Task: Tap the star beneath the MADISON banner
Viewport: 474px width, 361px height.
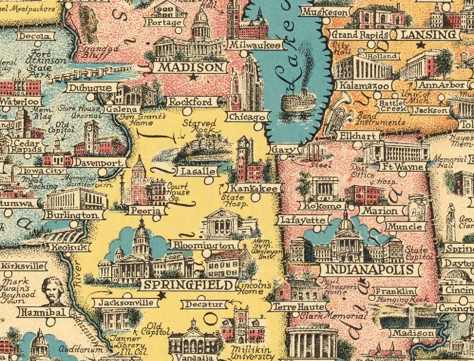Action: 192,77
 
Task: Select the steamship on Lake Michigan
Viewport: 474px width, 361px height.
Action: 298,99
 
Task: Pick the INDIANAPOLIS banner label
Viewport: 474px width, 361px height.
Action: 369,269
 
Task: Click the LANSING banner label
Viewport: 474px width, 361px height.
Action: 428,35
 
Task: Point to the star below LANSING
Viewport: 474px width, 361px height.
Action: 421,45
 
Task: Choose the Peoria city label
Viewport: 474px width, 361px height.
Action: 146,211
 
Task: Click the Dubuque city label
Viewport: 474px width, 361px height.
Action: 90,88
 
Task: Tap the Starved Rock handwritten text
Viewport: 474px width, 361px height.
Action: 200,126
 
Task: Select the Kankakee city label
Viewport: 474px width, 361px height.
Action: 254,188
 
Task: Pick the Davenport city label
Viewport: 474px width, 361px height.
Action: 100,163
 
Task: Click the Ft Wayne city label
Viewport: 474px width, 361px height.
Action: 402,167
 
